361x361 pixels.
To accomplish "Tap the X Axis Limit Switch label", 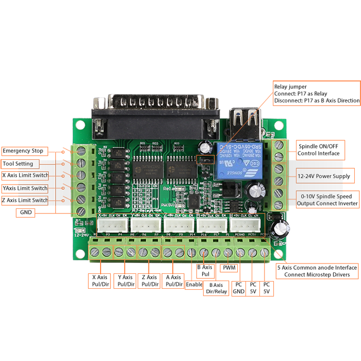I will click(25, 175).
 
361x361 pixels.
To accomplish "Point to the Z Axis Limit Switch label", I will click(25, 200).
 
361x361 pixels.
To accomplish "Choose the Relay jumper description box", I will click(316, 93).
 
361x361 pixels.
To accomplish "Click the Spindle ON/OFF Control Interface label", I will click(319, 150).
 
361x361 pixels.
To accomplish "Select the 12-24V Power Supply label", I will click(324, 176).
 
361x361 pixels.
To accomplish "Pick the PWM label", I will click(228, 268).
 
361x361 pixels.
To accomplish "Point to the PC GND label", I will click(239, 288).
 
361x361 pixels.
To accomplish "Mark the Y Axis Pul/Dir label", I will click(125, 281).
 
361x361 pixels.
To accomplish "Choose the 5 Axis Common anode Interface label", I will click(317, 271).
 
